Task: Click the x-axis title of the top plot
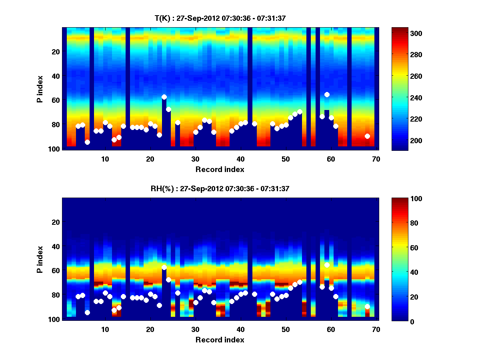point(220,169)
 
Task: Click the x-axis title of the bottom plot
point(220,340)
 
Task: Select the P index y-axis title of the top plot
point(40,88)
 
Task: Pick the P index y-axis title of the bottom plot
point(40,259)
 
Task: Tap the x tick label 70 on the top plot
point(376,159)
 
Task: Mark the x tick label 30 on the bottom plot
point(195,329)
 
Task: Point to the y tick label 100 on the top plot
point(55,149)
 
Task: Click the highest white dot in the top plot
point(327,94)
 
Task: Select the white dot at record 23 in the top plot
point(164,97)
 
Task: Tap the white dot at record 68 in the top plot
point(367,136)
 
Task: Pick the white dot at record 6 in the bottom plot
point(87,312)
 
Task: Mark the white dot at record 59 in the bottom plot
point(327,265)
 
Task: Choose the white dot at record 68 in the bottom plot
point(367,306)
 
